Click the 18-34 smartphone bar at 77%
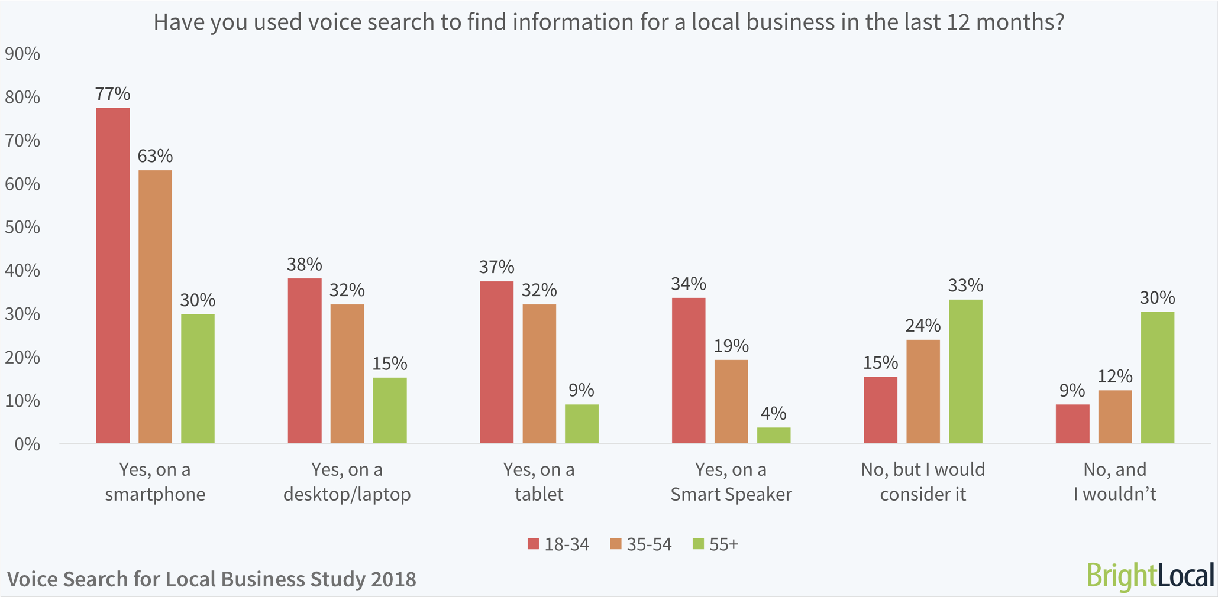coord(112,275)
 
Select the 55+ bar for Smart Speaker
coord(773,435)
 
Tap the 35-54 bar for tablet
coord(539,374)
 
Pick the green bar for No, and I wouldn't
coord(1157,377)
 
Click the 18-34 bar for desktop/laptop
coord(305,361)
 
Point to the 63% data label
coord(155,156)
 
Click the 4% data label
coord(773,413)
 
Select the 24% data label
coord(923,325)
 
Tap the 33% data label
coord(965,285)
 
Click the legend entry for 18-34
coord(558,544)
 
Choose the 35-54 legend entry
coord(641,544)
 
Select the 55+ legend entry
coord(715,544)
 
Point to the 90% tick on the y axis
coord(22,54)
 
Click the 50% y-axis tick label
coord(22,227)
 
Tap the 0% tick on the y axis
coord(27,444)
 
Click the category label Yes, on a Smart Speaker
coord(731,482)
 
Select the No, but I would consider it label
coord(923,482)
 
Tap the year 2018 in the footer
coord(393,579)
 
